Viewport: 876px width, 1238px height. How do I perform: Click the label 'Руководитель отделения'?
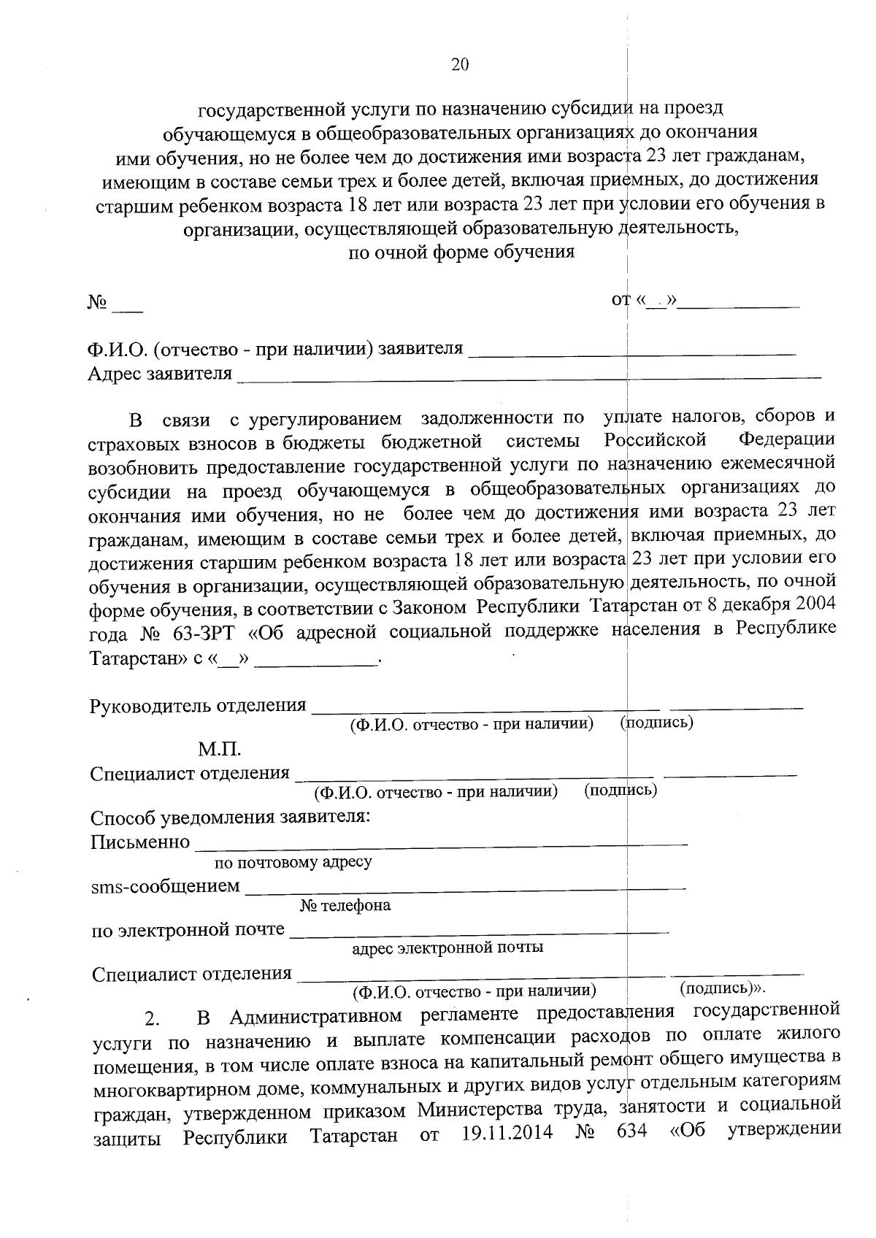[198, 706]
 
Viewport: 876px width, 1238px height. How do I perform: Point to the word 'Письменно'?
[140, 842]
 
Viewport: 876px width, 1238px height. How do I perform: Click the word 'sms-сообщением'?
[165, 886]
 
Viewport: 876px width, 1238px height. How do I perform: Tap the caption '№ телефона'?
[345, 906]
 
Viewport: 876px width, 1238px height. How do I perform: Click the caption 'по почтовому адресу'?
[293, 862]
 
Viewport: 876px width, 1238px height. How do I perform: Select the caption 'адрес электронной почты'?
[447, 948]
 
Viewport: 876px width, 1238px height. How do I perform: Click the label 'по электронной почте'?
[188, 930]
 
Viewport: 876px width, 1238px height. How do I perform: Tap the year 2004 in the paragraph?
[815, 606]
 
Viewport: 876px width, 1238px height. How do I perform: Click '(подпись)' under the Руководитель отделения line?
[656, 723]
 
